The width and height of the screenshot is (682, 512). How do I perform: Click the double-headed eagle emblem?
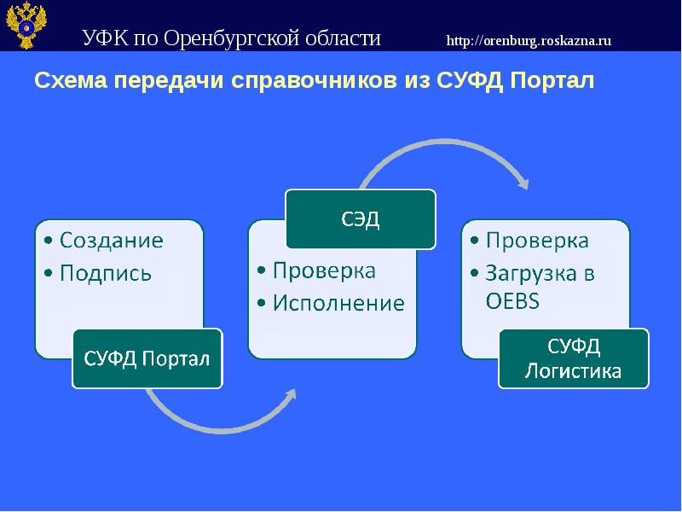pos(26,25)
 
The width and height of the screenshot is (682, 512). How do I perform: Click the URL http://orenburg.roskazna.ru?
pos(529,40)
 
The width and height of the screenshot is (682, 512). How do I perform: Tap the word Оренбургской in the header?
pos(231,38)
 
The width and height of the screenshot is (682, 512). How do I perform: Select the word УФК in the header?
pos(106,38)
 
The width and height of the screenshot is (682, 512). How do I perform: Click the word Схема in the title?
pos(71,80)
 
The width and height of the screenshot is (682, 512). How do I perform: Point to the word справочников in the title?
pos(314,81)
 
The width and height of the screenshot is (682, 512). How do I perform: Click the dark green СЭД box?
pos(361,219)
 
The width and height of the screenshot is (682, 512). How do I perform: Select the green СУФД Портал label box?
pos(147,358)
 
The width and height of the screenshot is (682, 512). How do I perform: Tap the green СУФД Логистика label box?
pos(573,358)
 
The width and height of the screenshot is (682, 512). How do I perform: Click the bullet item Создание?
pos(112,241)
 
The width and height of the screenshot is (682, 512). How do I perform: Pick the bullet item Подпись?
pos(106,273)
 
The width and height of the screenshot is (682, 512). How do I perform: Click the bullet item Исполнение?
pos(338,303)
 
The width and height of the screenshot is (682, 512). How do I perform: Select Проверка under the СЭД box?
pos(324,271)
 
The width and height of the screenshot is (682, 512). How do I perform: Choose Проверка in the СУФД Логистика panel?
pos(537,241)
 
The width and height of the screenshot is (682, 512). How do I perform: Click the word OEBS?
pos(512,301)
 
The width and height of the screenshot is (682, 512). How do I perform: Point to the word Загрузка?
pos(531,273)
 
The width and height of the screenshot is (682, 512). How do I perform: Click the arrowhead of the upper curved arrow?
pos(523,183)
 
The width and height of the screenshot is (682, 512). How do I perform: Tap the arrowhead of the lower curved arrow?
pos(291,394)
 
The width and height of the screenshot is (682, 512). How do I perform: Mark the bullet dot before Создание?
pos(49,241)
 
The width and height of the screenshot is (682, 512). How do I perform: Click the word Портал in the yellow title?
pos(552,80)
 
